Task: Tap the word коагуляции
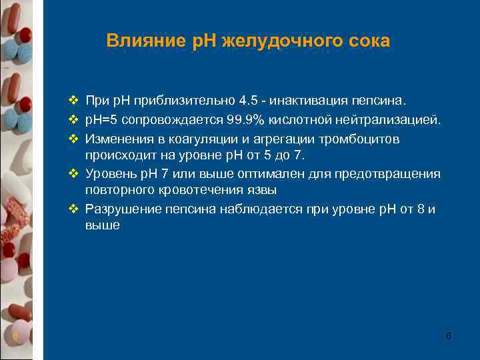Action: click(x=187, y=139)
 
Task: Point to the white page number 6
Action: click(x=449, y=336)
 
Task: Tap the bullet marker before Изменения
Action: click(x=73, y=139)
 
